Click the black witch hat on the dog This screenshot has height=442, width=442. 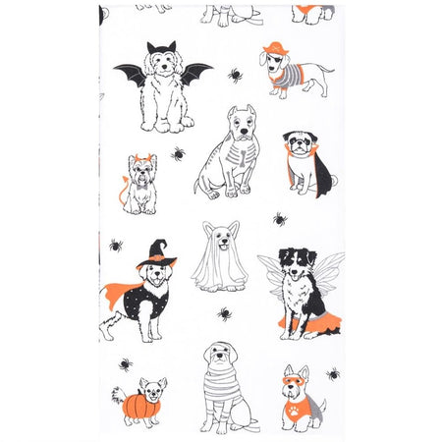pos(156,253)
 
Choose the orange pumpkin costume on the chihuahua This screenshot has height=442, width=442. pos(134,402)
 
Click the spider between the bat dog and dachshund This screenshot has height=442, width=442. pos(235,74)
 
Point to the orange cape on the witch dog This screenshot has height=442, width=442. pos(116,292)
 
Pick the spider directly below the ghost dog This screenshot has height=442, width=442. pos(225,314)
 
